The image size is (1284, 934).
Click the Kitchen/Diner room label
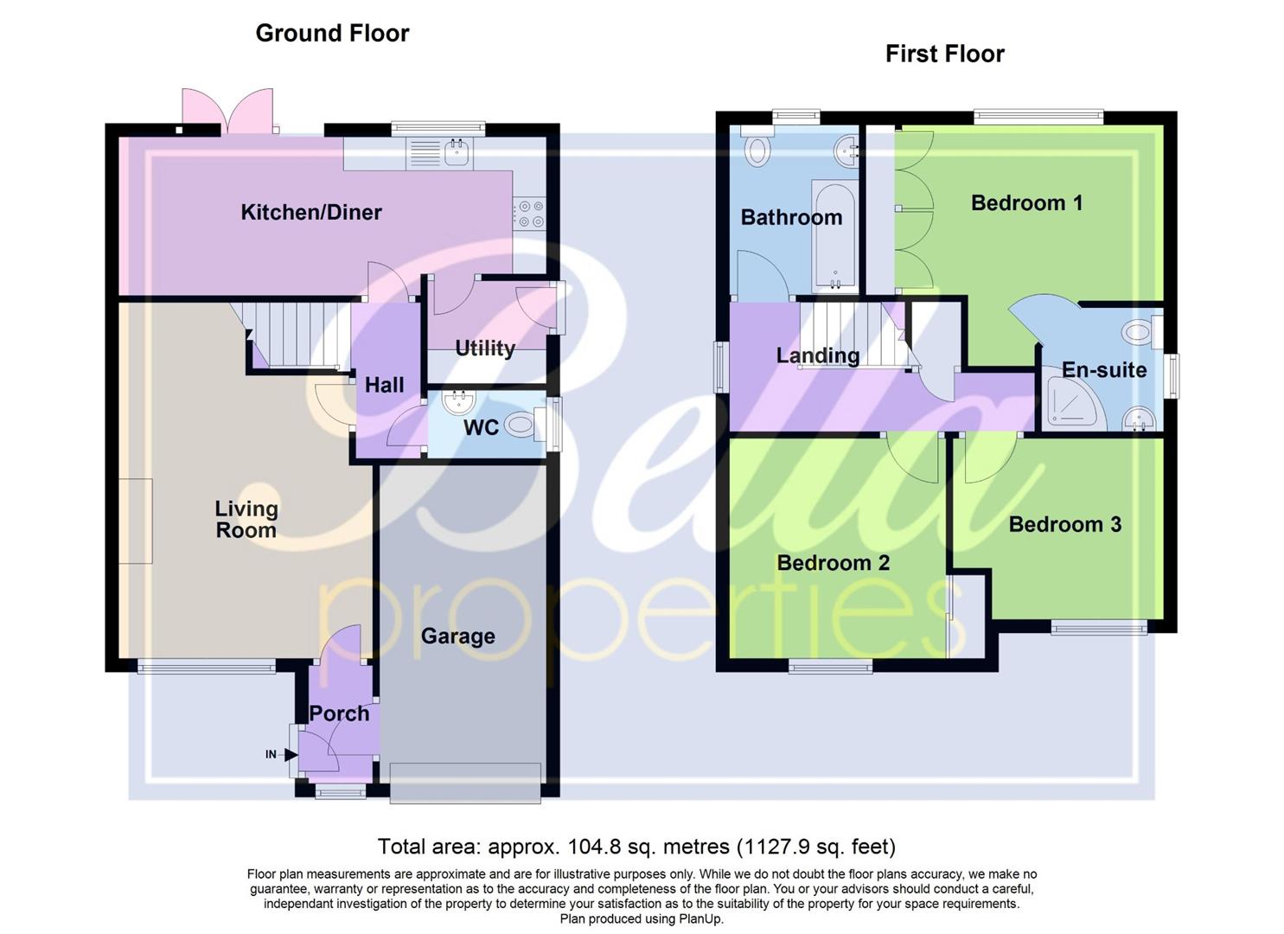(x=310, y=212)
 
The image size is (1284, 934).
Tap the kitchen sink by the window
(x=456, y=153)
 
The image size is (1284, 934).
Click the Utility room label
(x=484, y=348)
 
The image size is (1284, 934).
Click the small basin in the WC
(x=455, y=402)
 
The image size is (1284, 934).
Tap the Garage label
(x=457, y=637)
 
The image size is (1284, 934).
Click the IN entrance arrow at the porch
(x=290, y=755)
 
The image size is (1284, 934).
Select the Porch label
(x=339, y=713)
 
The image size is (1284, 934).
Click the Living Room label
(x=246, y=520)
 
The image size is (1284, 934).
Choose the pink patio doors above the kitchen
(x=228, y=111)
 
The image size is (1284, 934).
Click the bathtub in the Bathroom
(x=834, y=237)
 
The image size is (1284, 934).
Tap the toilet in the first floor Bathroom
(x=758, y=150)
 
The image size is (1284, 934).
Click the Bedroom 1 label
(x=1026, y=203)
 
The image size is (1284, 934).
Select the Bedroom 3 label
(x=1064, y=525)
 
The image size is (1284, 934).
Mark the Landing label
(x=817, y=355)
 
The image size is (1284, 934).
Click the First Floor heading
(x=944, y=54)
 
